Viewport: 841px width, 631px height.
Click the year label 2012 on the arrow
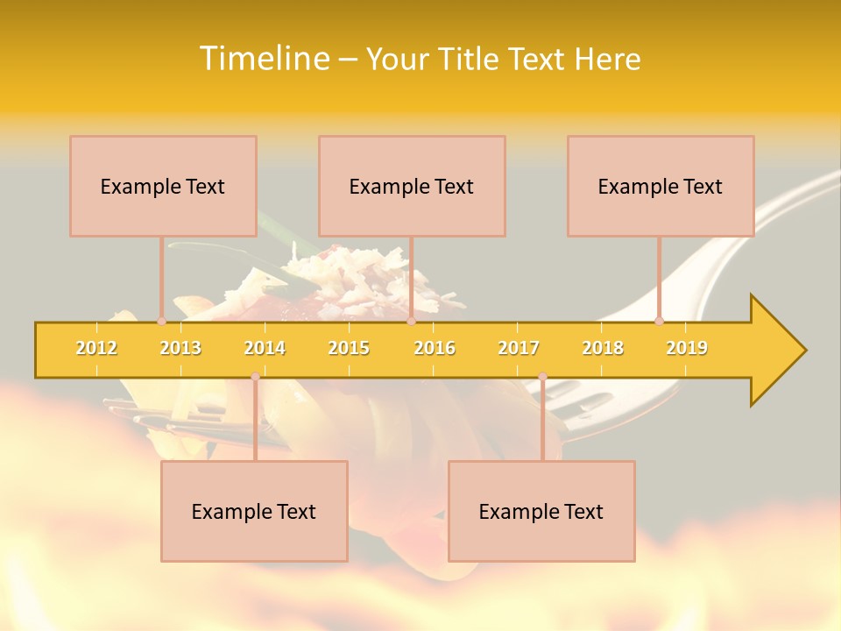click(96, 348)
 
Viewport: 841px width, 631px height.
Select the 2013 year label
click(180, 348)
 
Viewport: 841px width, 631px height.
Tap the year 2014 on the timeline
click(265, 348)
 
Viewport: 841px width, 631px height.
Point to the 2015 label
click(349, 348)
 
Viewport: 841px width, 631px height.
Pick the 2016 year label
click(435, 348)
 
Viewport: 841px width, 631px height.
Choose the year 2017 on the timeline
click(519, 348)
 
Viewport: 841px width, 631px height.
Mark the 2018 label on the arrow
click(603, 348)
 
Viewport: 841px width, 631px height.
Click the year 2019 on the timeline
click(687, 348)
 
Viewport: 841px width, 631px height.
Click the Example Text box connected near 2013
click(163, 186)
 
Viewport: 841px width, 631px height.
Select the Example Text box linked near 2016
click(412, 186)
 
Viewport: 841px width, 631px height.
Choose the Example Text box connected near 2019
click(661, 186)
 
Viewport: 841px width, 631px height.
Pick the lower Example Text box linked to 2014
click(254, 511)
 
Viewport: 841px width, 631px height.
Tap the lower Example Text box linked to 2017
click(541, 511)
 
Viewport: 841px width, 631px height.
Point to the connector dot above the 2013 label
click(161, 322)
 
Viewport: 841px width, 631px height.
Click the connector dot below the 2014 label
click(255, 377)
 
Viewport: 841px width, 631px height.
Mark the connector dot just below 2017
click(542, 377)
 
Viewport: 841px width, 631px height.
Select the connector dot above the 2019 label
click(659, 322)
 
